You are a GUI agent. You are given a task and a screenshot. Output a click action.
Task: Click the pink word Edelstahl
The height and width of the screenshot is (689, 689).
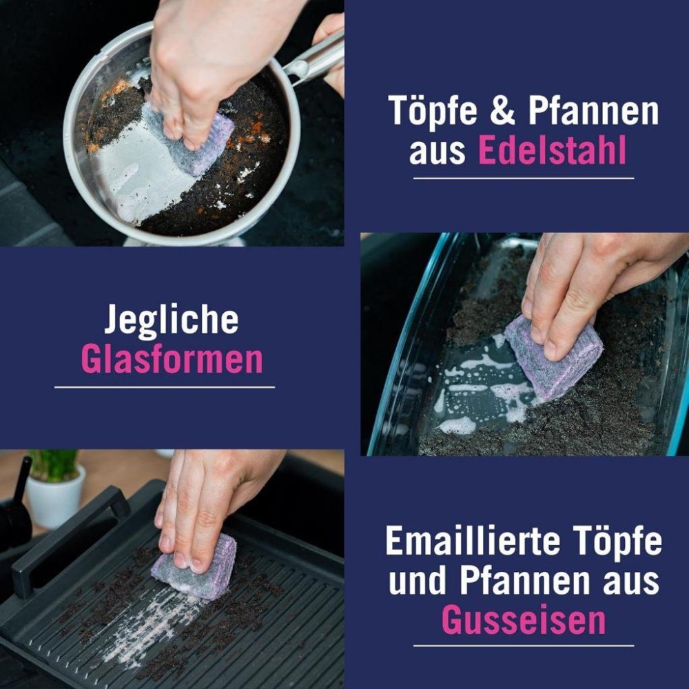(x=552, y=150)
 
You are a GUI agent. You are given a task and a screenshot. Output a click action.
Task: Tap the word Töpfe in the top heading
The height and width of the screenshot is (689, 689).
(x=433, y=110)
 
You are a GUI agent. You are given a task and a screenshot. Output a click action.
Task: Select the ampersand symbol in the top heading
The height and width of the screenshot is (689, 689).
(x=502, y=110)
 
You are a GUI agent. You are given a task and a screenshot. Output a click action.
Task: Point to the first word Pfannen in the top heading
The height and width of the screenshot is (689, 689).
(x=593, y=110)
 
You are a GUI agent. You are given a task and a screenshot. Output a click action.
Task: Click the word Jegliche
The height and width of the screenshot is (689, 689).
(x=172, y=320)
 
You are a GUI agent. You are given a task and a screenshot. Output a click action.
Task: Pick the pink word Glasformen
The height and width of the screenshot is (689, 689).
(x=172, y=359)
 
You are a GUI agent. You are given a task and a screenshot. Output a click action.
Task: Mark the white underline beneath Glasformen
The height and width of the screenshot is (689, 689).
(x=165, y=387)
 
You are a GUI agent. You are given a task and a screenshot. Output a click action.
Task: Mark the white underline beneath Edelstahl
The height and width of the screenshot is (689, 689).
(x=524, y=178)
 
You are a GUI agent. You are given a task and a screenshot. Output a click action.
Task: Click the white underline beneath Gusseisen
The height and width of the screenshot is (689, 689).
(x=524, y=646)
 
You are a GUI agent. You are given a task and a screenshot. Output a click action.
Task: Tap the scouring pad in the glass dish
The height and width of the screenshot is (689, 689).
(x=555, y=357)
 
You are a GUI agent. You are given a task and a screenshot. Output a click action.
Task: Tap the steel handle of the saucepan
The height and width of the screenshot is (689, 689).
(x=313, y=57)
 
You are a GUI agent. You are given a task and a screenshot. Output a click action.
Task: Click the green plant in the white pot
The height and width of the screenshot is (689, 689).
(x=54, y=465)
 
